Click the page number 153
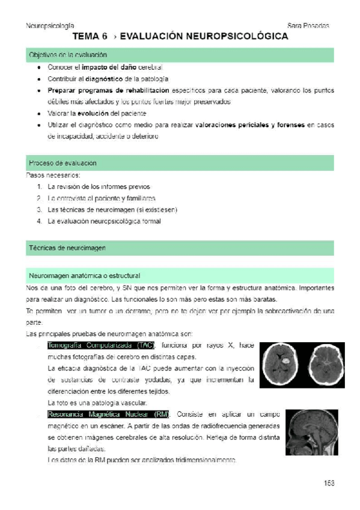tap(328, 482)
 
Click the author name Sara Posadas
tap(308, 26)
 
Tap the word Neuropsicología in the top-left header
tap(50, 26)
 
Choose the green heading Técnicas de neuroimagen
tap(67, 248)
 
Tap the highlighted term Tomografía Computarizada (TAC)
tap(101, 345)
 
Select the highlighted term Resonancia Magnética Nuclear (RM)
tap(108, 414)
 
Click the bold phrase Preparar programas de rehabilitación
tap(108, 90)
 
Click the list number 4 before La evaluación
tap(38, 221)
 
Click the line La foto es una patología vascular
tap(97, 403)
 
